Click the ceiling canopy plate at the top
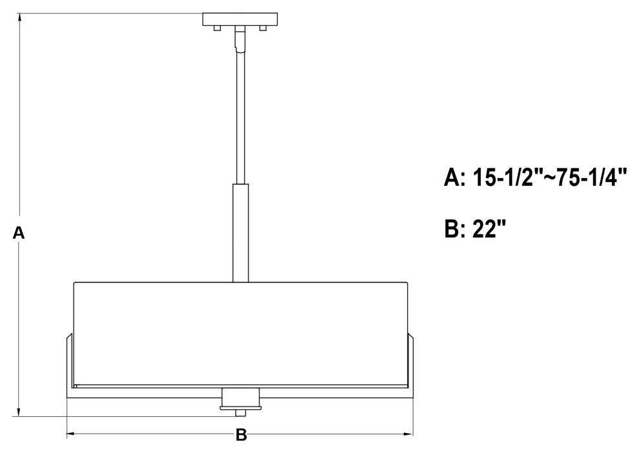coord(239,19)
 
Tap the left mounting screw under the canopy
coord(218,28)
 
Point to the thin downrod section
coord(239,116)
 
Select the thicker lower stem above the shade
coord(239,232)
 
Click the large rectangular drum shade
coord(240,332)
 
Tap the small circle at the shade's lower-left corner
coord(76,386)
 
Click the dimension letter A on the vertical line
coord(19,234)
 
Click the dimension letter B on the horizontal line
coord(241,436)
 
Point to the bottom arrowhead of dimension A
coord(20,413)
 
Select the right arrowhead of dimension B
coord(409,434)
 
